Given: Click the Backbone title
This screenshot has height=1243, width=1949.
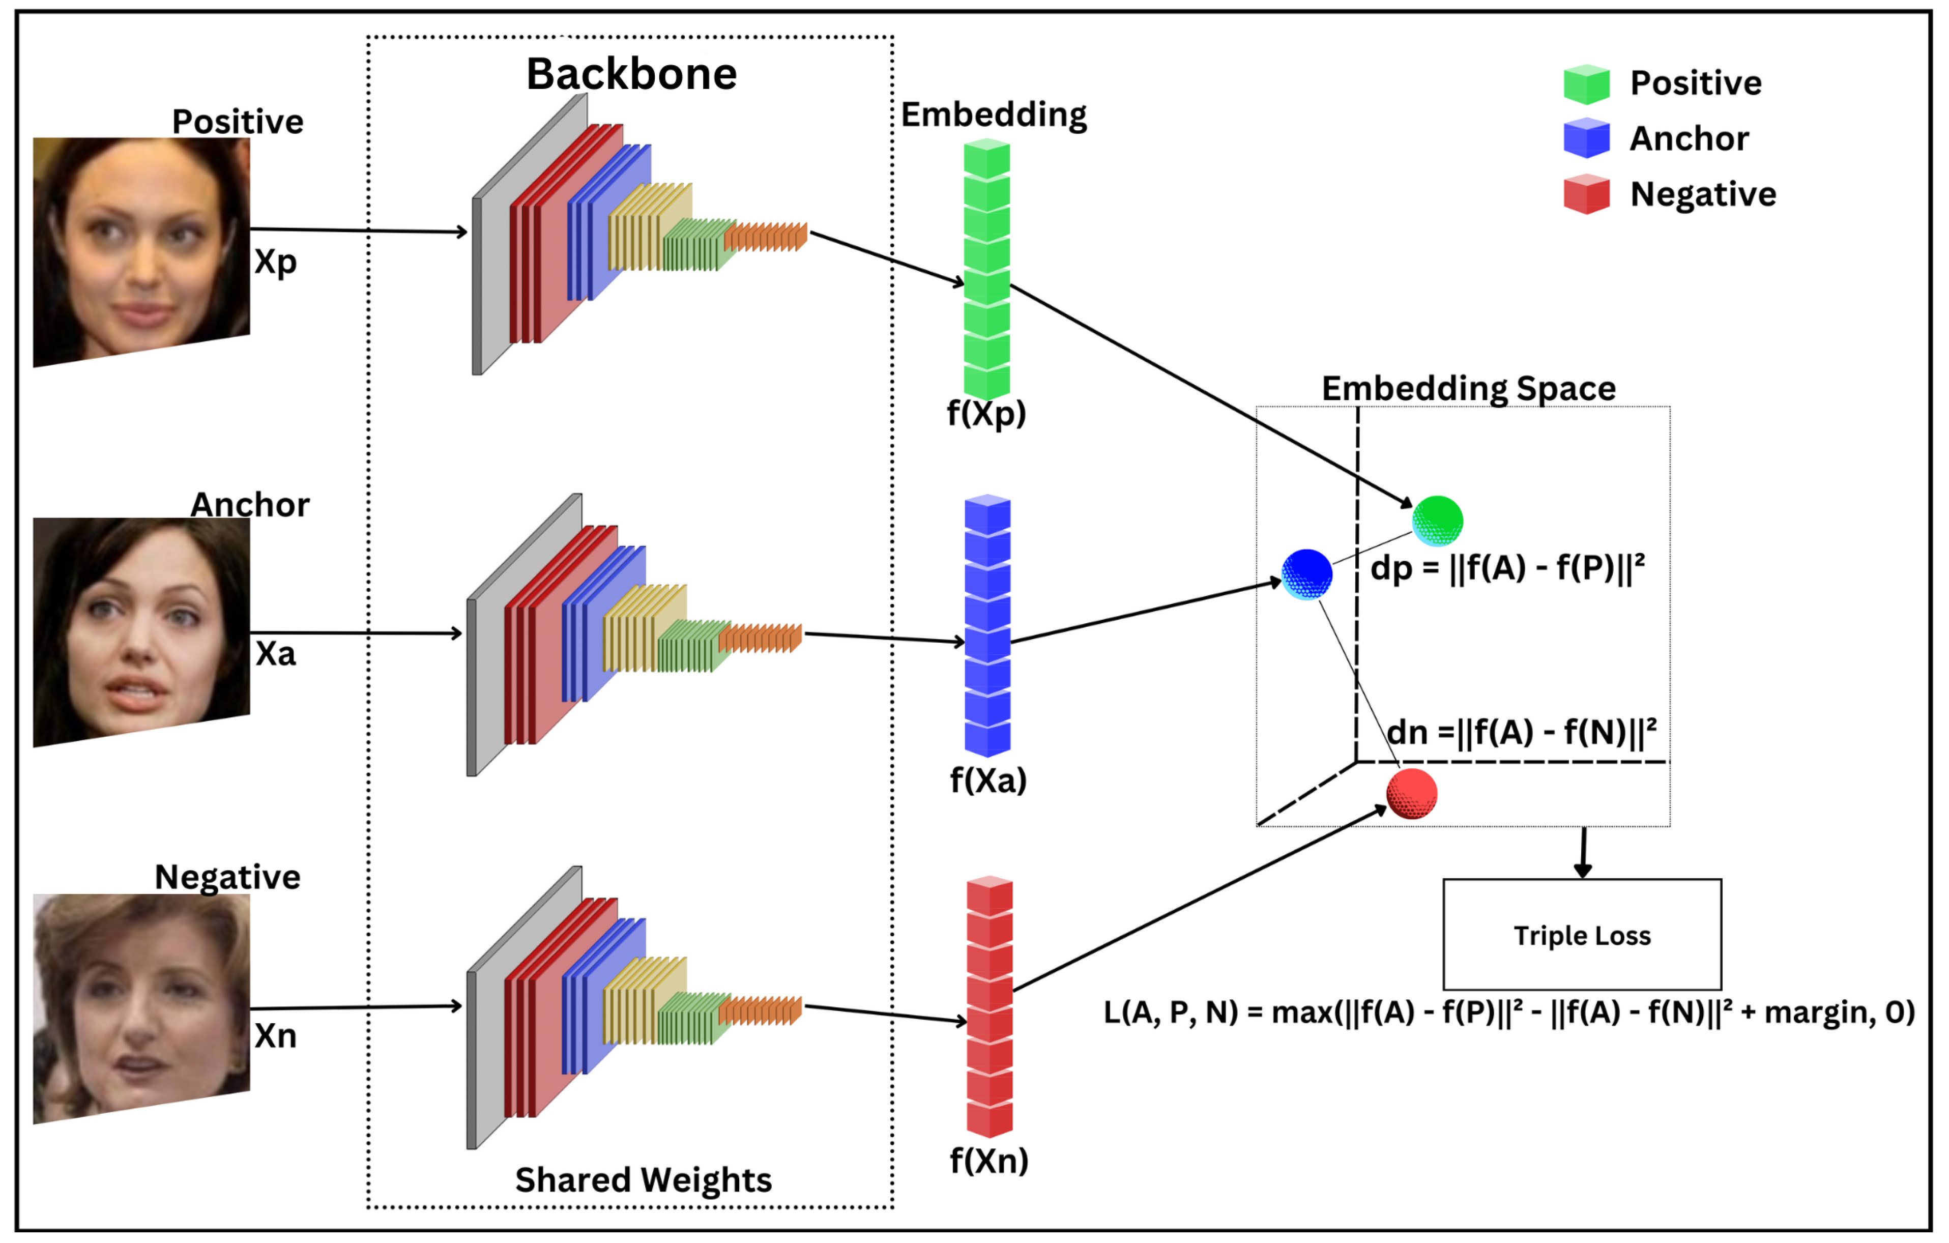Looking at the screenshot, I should pos(631,74).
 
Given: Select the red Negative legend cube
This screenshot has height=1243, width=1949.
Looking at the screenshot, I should pos(1586,194).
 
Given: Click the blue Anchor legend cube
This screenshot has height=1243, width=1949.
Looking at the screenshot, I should pos(1586,138).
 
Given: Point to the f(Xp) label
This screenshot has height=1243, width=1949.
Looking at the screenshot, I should pos(986,414).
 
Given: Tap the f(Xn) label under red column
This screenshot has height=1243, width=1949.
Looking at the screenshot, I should pos(988,1161).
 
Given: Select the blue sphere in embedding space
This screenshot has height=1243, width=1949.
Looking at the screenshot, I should pos(1306,574).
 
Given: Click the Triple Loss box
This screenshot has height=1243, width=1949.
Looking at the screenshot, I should pos(1582,935).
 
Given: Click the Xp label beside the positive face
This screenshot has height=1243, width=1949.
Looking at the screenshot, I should pos(275,262).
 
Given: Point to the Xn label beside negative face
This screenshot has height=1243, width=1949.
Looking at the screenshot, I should pos(275,1036).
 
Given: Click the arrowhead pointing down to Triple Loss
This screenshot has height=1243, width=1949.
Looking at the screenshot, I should pos(1582,871).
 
